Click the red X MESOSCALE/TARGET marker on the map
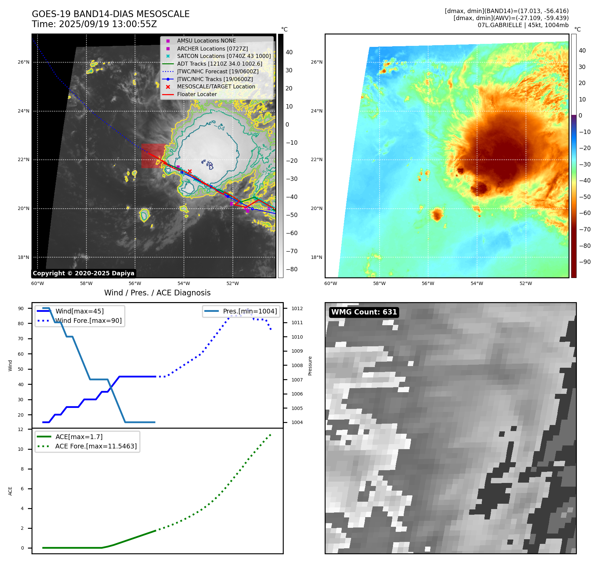190,171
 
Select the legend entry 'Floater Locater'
197,94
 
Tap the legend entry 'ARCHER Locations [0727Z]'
212,49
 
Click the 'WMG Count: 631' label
364,312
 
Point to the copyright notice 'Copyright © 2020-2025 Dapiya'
83,273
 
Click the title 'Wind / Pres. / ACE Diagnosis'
157,293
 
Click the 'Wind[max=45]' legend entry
79,311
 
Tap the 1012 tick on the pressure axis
297,308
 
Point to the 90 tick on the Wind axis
21,308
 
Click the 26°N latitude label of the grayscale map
23,62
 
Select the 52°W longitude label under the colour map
526,284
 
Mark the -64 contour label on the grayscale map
219,127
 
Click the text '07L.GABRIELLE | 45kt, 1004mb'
523,25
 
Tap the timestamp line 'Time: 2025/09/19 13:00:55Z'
94,24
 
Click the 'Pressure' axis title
310,366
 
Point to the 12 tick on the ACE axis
21,429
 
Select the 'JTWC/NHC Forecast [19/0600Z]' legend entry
218,71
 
